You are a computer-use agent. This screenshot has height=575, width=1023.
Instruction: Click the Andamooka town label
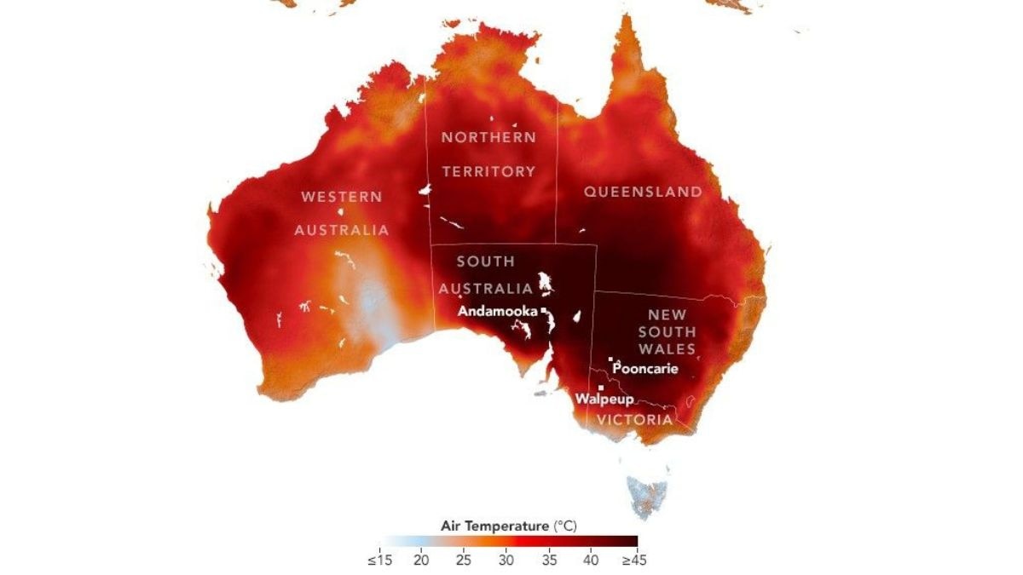(497, 312)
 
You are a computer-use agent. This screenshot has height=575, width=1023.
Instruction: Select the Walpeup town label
(604, 399)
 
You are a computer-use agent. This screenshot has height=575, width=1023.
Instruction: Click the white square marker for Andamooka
(543, 310)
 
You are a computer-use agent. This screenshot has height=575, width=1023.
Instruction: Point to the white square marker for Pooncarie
(610, 359)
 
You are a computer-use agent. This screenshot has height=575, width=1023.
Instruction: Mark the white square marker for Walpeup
(601, 388)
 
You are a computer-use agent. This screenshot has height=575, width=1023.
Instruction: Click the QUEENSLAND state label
(643, 192)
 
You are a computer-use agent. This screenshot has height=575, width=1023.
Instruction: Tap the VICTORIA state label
(633, 420)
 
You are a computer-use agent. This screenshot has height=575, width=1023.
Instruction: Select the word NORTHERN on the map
(488, 137)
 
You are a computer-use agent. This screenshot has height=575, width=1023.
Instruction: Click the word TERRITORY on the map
(488, 171)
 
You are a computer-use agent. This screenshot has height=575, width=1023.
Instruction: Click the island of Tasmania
(649, 493)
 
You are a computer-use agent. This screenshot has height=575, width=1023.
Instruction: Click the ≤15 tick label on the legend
(379, 561)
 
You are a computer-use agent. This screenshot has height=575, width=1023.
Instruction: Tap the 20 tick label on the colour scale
(420, 561)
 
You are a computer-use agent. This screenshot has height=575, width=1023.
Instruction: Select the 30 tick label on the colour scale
(506, 561)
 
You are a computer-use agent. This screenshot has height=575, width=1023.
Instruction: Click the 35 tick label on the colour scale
(550, 561)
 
